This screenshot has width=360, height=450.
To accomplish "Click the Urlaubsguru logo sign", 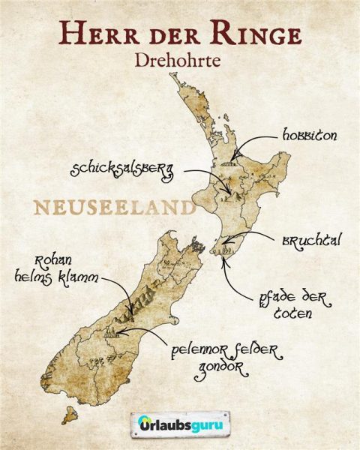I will [180, 423].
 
